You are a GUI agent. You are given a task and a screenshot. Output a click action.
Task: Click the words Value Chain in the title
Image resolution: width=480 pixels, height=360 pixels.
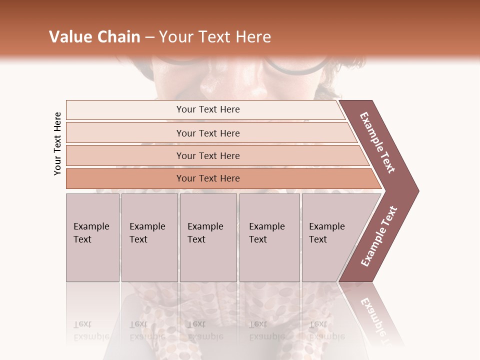point(94,37)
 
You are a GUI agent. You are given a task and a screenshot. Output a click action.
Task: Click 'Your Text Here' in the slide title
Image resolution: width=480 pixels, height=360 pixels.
point(215,37)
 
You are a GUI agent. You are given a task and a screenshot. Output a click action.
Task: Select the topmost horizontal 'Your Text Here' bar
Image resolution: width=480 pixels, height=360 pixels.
point(207,109)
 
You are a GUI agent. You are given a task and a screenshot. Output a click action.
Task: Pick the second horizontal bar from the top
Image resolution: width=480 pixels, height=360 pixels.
point(207,133)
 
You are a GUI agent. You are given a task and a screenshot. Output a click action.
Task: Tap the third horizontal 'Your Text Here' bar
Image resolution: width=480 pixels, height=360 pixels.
point(207,155)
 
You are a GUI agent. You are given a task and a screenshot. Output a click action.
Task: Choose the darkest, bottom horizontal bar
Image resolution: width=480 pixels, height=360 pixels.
point(207,178)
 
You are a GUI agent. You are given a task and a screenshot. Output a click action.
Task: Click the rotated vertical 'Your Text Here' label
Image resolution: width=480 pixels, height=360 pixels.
point(57,143)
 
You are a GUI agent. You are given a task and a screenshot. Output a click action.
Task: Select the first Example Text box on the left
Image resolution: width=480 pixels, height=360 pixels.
point(92,237)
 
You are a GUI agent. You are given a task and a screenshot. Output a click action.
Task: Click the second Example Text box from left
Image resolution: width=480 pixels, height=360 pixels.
point(149,237)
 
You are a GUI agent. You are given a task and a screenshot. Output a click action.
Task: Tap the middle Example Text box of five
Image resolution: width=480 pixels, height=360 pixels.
point(208,237)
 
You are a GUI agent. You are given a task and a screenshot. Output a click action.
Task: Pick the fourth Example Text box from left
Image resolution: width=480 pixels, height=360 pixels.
point(269,237)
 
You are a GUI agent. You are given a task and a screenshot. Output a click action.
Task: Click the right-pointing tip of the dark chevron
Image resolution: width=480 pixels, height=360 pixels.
point(416,190)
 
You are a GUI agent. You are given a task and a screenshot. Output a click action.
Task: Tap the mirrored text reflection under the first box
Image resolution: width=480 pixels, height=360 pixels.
point(91,330)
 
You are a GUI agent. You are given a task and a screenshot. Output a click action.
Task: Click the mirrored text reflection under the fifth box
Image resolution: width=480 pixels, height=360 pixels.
point(327,330)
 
